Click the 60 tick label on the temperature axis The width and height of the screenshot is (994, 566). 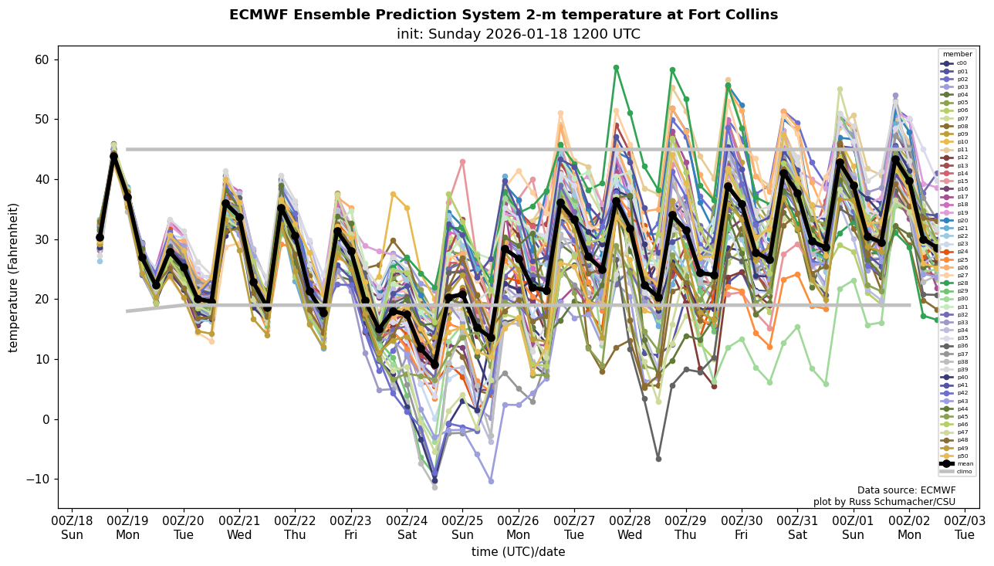pos(42,60)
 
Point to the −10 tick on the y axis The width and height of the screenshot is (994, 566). pos(38,480)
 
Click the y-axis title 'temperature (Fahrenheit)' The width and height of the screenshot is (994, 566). pos(14,277)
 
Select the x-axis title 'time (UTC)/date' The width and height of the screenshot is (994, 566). pos(518,552)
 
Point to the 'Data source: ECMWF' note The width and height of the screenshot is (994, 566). pos(906,490)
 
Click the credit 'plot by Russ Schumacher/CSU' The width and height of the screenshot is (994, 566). pos(884,502)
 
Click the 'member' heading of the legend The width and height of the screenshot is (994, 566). pos(957,54)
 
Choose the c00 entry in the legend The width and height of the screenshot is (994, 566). pos(961,63)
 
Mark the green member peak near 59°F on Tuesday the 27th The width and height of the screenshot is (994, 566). pos(616,68)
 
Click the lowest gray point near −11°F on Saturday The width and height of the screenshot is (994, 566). pos(434,487)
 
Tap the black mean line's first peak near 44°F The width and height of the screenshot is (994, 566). pos(113,157)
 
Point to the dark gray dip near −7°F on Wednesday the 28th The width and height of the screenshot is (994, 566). pos(658,459)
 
